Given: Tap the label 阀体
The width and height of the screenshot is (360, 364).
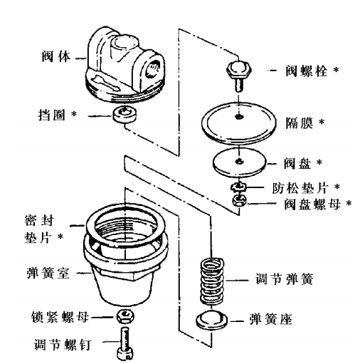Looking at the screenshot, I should pos(58,53).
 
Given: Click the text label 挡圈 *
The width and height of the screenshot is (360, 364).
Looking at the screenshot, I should pos(61,114).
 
